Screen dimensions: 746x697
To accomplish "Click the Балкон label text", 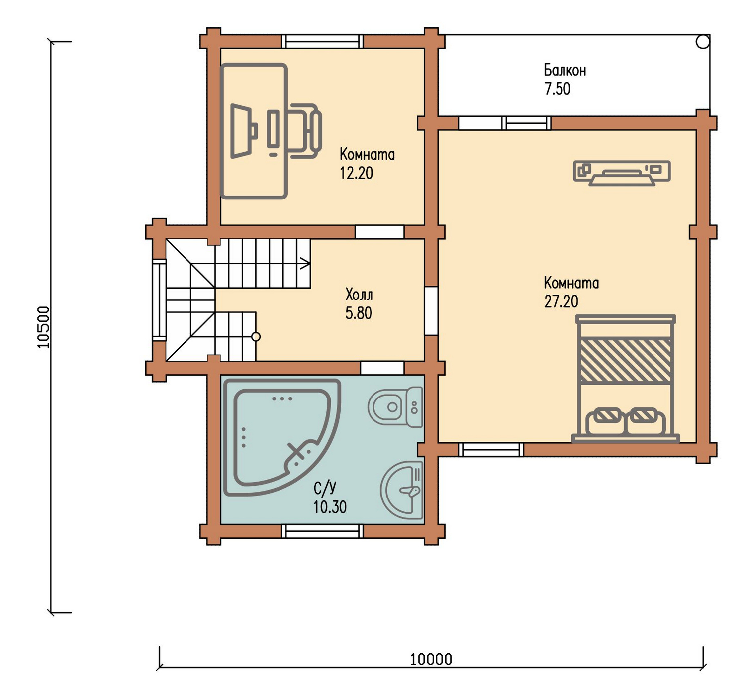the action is point(564,70).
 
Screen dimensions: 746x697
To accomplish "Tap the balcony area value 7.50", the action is point(558,89).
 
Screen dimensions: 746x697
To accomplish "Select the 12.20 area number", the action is point(356,173).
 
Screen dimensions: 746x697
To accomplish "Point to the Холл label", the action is point(359,295).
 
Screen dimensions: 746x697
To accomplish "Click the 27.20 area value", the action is point(561,301).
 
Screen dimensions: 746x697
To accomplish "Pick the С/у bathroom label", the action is point(325,488).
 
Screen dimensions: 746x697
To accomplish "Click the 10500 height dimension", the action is point(44,327).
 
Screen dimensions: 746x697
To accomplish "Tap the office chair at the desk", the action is point(305,131).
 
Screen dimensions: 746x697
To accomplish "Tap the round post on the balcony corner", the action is point(702,41).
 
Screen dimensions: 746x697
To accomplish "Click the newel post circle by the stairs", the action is point(256,337).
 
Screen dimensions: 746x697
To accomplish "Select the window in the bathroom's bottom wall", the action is point(322,531).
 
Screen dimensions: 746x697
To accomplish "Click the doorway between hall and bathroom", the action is point(382,368).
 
